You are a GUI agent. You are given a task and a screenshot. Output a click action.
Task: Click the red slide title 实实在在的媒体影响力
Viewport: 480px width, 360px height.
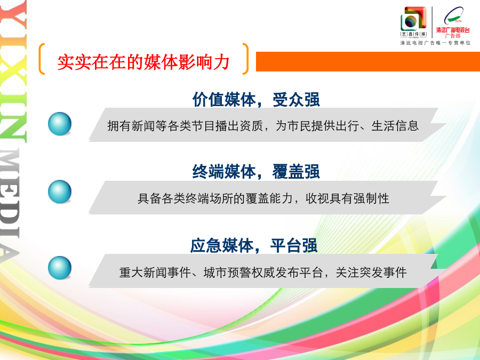[x=143, y=62]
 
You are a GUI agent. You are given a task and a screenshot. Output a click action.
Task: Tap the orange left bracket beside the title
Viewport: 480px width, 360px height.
[x=41, y=59]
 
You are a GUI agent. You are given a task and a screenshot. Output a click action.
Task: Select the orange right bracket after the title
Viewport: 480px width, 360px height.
[x=245, y=59]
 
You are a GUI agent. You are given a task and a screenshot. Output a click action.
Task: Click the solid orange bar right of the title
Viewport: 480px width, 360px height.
[x=367, y=61]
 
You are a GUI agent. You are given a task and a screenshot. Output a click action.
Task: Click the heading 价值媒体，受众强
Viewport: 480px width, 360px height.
[x=256, y=100]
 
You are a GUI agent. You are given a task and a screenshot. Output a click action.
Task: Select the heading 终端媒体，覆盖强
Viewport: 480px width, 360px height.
[x=256, y=171]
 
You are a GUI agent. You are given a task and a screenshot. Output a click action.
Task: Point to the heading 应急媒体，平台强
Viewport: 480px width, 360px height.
[x=254, y=245]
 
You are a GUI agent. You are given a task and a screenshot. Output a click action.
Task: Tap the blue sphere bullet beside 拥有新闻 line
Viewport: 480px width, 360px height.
[x=60, y=124]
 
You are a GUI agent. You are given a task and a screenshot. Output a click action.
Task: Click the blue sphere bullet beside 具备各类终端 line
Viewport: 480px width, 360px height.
[x=60, y=191]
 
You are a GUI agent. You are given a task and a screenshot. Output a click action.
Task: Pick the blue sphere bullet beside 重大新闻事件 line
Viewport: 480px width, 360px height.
[x=60, y=268]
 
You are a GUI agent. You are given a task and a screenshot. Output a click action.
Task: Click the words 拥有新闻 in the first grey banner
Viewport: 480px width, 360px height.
[x=131, y=126]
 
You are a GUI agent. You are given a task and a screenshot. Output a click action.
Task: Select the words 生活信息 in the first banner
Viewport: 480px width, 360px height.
[x=395, y=126]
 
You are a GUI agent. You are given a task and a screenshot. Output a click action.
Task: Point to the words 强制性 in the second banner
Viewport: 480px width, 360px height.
[x=371, y=199]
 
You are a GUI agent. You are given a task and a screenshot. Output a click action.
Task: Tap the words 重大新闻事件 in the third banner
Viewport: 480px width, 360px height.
[x=155, y=273]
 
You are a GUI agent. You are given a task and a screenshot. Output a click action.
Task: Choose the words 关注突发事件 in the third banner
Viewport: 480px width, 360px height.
[x=371, y=273]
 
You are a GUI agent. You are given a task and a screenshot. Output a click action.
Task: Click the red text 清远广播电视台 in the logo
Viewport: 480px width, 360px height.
[x=453, y=30]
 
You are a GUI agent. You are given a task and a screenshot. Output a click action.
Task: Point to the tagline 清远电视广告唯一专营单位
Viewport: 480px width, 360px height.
[x=435, y=43]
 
